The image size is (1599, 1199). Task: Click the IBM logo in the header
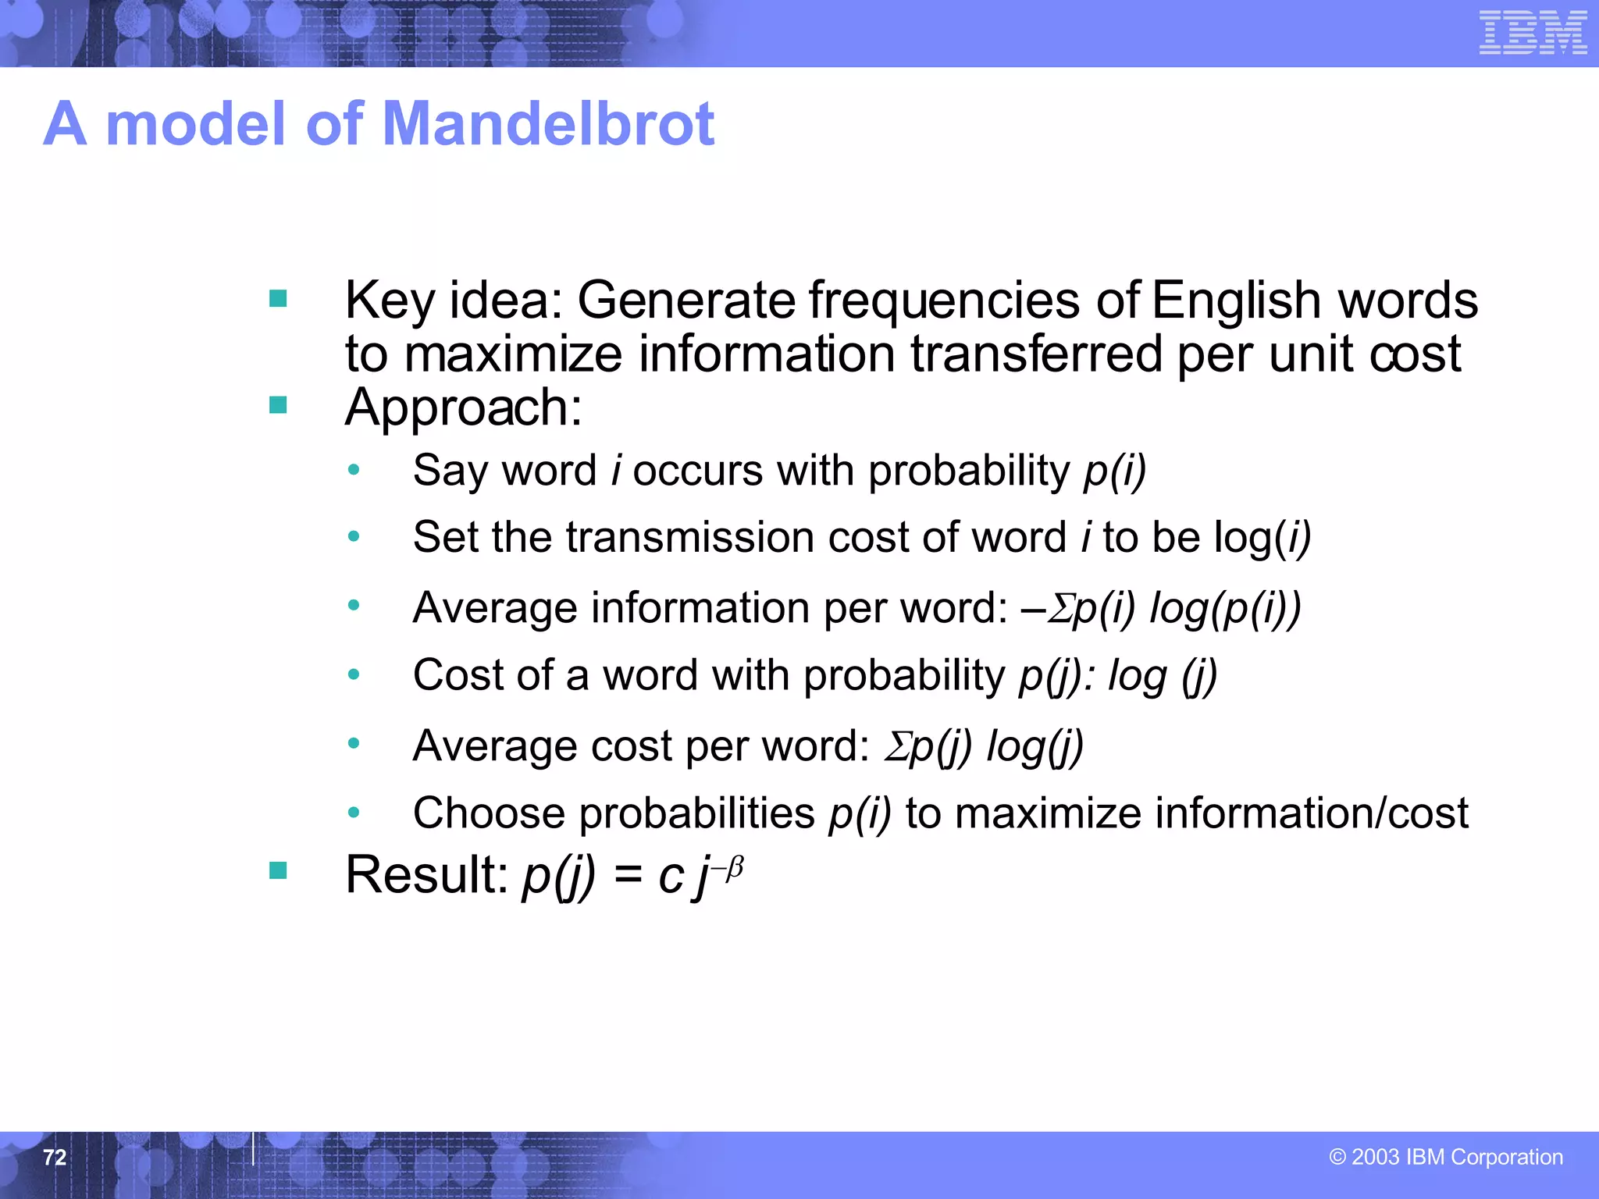(1533, 33)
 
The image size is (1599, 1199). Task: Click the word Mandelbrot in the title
(549, 124)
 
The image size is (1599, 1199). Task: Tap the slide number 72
(55, 1157)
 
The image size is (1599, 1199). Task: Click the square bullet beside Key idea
(278, 299)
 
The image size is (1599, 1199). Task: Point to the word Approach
(463, 407)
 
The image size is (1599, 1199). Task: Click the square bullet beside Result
(278, 870)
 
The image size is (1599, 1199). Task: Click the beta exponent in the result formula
(734, 867)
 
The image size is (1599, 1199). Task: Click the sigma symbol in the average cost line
(896, 746)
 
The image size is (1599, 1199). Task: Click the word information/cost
(1312, 813)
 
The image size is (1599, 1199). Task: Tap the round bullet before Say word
(354, 470)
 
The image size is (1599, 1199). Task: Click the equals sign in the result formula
(628, 876)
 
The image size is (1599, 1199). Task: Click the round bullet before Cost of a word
(354, 674)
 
